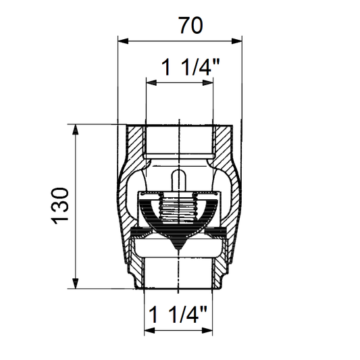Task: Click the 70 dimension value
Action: (x=191, y=26)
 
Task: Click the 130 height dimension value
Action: (x=60, y=206)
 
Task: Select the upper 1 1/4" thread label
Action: (x=190, y=67)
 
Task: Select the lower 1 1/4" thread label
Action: (x=178, y=314)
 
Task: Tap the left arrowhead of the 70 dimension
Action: (x=123, y=41)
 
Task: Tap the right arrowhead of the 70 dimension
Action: (x=236, y=41)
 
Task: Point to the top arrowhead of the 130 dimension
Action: (x=75, y=129)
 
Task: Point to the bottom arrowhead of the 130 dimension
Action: (x=75, y=283)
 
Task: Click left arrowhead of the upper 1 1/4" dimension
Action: (x=151, y=82)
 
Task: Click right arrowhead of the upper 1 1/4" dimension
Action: (x=208, y=82)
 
